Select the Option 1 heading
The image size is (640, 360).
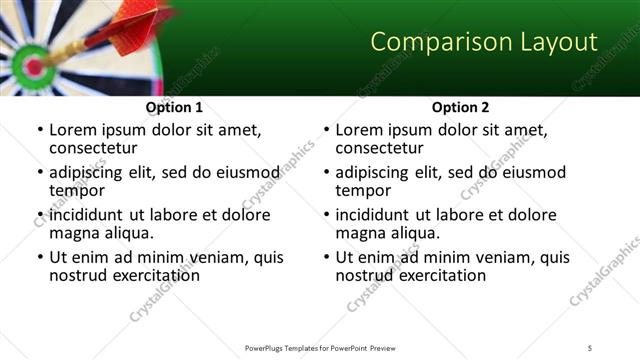click(x=174, y=107)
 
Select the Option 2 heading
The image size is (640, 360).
click(x=460, y=107)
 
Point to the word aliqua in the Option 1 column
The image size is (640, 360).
click(x=128, y=233)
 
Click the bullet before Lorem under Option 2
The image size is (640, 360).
click(x=327, y=131)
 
